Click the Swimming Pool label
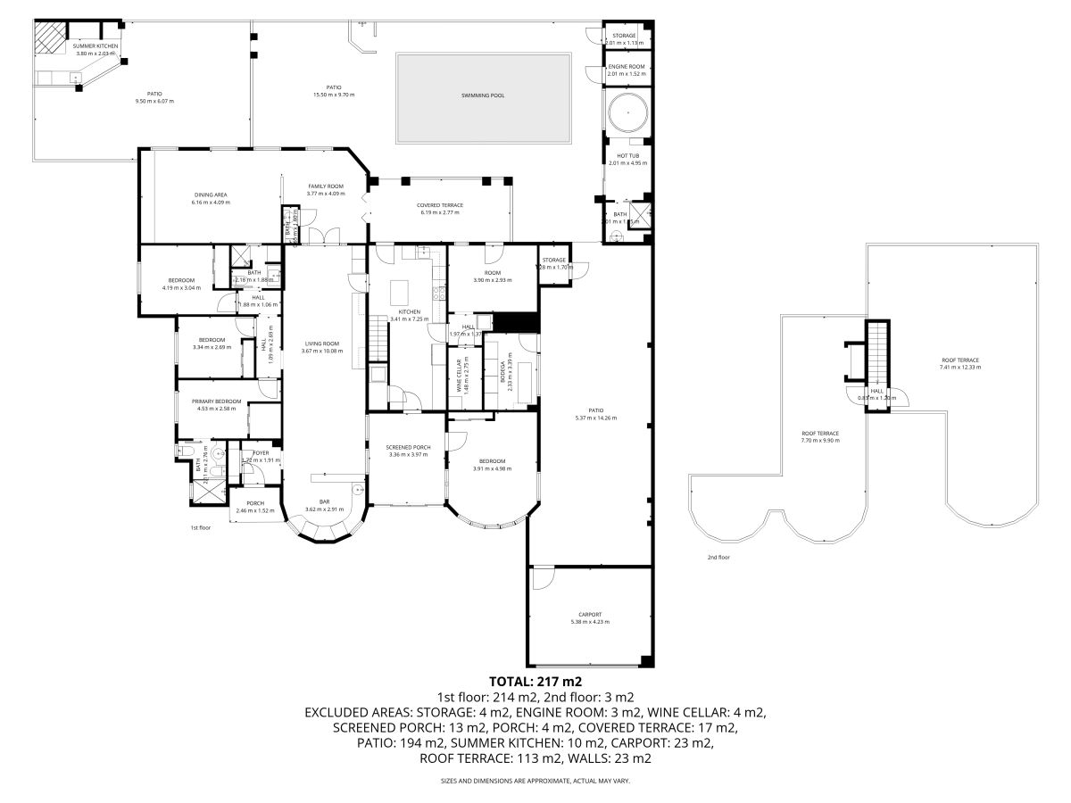tap(483, 95)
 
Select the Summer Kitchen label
tap(95, 46)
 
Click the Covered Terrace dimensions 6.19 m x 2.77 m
tap(439, 212)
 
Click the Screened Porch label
tap(408, 447)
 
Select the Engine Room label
tap(626, 67)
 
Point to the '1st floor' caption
tap(200, 528)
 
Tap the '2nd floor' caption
tap(718, 558)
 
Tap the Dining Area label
tap(211, 195)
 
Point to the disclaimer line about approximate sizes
tap(535, 781)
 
